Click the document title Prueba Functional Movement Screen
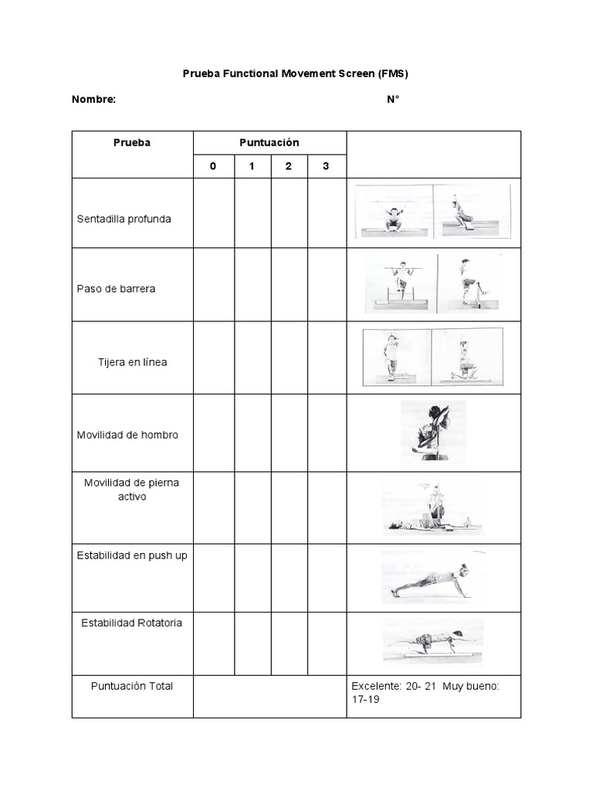[x=295, y=74]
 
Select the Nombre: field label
[x=93, y=99]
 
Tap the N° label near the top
[x=393, y=99]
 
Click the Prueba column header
[x=132, y=143]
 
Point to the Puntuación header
[x=269, y=143]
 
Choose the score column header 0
[x=213, y=166]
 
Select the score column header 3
[x=326, y=166]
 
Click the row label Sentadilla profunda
[x=124, y=219]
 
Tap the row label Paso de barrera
[x=116, y=289]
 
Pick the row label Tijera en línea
[x=132, y=362]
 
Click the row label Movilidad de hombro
[x=127, y=435]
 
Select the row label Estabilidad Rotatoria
[x=132, y=623]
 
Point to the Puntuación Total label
[x=132, y=686]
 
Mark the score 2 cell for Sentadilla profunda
[x=289, y=213]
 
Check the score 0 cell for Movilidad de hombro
[x=213, y=433]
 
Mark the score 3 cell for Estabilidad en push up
[x=326, y=578]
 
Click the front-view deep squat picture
[x=394, y=212]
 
